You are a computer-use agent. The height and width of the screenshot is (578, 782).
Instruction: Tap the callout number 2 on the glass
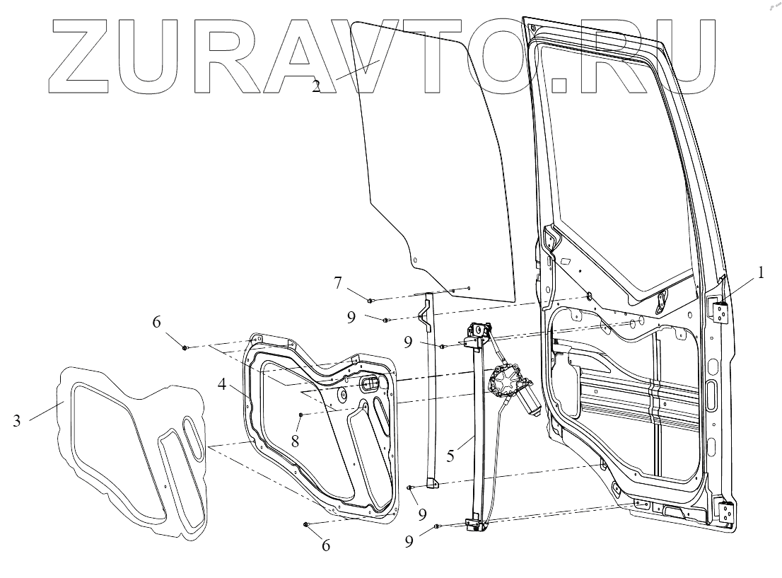click(316, 86)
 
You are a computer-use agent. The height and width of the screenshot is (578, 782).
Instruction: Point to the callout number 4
click(221, 386)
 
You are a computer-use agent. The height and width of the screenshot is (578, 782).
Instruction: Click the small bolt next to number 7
click(370, 301)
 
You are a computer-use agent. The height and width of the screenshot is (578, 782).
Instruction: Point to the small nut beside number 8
click(300, 414)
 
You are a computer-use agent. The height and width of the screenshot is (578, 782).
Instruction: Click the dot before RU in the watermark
click(559, 86)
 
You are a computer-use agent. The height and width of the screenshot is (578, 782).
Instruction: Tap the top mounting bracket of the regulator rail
click(479, 331)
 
